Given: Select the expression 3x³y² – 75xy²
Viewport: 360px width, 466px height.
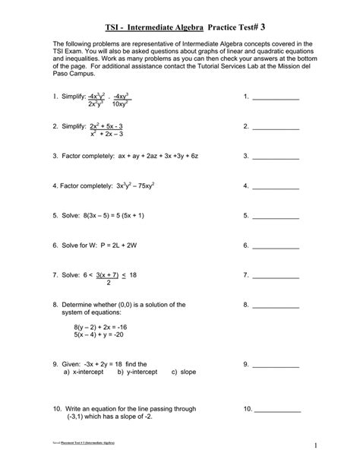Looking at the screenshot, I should (x=137, y=185).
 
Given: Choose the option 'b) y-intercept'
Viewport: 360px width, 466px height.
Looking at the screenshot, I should (x=137, y=372).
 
